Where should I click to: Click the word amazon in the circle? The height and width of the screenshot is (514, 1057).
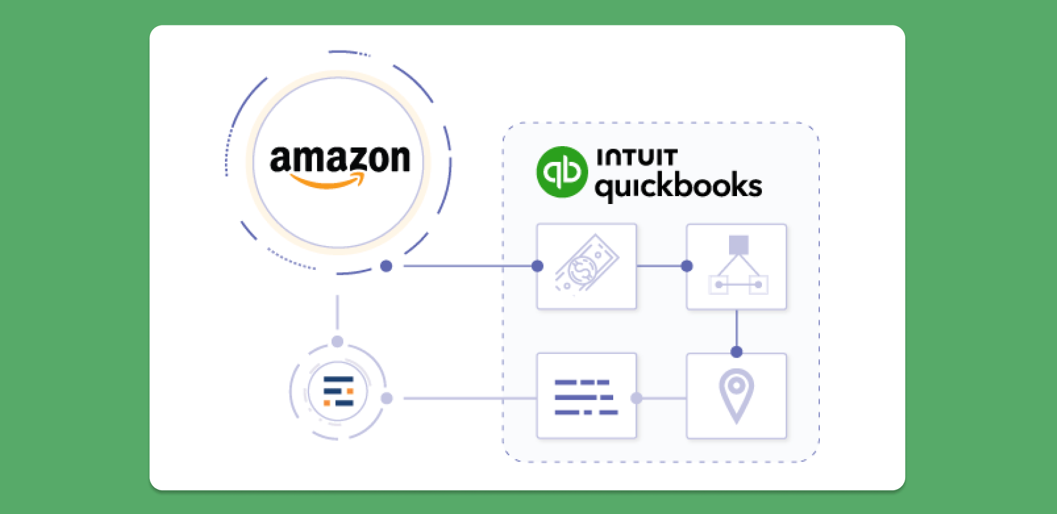pos(340,160)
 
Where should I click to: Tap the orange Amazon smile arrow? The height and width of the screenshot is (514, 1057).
pos(328,181)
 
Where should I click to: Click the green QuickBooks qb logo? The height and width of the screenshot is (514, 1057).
pos(562,172)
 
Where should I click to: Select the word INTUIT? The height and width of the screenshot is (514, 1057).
pos(636,157)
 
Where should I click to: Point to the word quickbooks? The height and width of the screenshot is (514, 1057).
pos(678,185)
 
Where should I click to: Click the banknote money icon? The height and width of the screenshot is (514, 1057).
pos(586,266)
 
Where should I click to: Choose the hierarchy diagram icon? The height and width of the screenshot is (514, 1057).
pos(737,266)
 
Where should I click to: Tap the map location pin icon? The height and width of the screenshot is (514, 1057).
pos(736,395)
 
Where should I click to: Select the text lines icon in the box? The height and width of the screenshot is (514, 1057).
pos(586,397)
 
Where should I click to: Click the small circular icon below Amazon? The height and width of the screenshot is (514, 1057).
pos(338,391)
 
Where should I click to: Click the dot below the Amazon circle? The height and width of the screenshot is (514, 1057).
pos(386,266)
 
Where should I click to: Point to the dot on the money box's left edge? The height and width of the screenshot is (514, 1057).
pos(537,266)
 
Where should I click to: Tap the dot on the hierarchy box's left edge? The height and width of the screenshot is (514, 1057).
pos(687,266)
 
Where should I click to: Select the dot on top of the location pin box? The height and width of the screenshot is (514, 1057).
pos(736,351)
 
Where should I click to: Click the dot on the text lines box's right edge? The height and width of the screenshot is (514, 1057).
pos(636,398)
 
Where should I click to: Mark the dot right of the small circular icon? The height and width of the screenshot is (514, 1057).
pos(386,398)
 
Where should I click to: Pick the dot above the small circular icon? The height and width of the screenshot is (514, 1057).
pos(337,342)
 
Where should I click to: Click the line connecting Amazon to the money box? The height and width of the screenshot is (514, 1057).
pos(463,266)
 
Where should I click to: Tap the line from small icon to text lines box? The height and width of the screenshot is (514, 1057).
pos(463,398)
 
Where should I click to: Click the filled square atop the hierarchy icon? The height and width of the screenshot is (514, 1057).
pos(738,245)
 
